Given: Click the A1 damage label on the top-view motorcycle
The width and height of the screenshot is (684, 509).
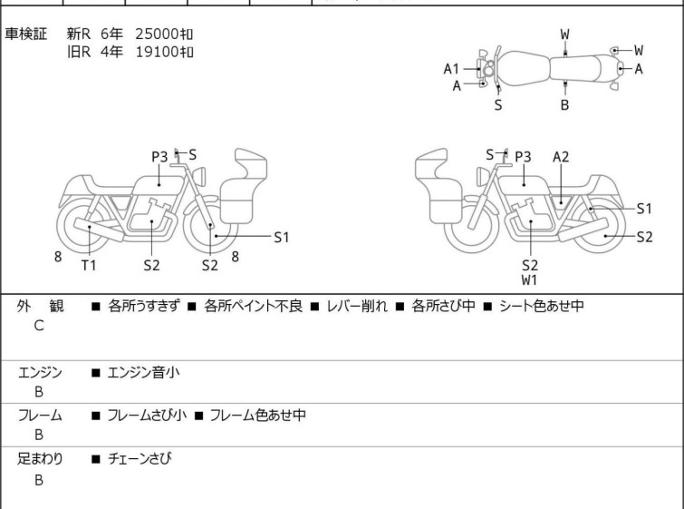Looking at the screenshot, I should click(451, 68).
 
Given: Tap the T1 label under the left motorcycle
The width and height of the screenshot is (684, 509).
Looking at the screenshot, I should click(89, 265).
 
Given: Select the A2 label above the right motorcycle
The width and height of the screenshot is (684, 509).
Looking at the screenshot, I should click(561, 157).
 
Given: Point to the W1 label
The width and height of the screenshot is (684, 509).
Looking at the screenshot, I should click(530, 280).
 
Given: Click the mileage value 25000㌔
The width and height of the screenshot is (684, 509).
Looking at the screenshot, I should click(164, 34).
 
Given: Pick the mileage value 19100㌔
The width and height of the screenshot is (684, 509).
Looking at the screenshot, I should click(164, 52).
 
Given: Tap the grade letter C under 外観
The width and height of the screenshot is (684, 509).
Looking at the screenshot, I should click(38, 325).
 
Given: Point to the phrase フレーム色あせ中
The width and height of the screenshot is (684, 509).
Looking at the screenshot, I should click(257, 416).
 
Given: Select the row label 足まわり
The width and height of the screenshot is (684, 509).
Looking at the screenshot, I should click(40, 459).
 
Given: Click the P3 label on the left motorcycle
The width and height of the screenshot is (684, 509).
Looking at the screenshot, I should click(160, 157).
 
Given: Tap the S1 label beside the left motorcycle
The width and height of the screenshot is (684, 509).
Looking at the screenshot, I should click(281, 238).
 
